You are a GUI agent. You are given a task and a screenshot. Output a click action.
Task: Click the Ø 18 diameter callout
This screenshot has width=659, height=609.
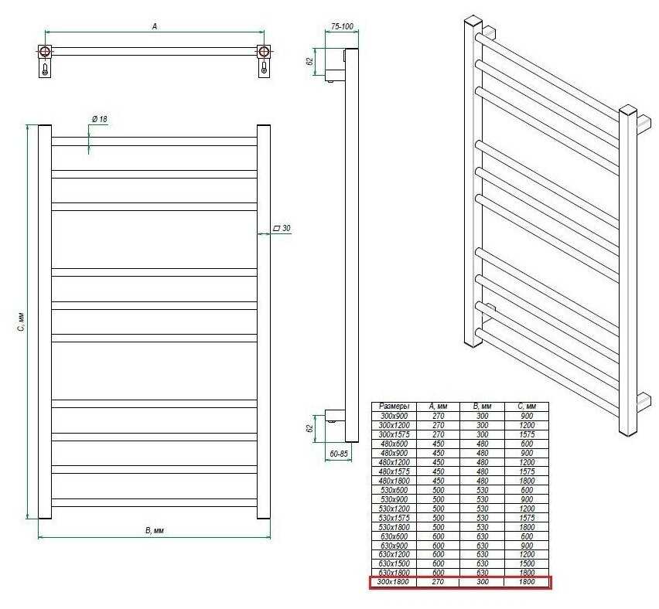[100, 119]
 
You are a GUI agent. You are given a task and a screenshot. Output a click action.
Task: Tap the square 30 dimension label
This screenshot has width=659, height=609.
[282, 228]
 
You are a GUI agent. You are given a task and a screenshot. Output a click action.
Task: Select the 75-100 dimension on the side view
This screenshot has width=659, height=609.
[342, 26]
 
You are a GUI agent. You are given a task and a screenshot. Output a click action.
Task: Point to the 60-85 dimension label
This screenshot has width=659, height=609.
[339, 454]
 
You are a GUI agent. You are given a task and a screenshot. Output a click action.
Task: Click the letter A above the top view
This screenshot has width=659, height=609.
[155, 26]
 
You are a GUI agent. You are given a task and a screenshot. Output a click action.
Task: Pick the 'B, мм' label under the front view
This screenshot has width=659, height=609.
[154, 530]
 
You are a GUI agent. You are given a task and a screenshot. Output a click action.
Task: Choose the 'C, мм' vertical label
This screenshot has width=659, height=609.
[22, 322]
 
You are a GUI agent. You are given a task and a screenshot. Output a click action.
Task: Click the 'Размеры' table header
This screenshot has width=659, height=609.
[394, 407]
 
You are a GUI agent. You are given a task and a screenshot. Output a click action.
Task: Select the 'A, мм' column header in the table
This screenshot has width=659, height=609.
[438, 407]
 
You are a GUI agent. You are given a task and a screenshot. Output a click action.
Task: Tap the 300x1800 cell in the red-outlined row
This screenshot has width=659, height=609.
[393, 582]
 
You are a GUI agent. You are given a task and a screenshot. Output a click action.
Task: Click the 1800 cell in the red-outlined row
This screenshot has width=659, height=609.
[527, 582]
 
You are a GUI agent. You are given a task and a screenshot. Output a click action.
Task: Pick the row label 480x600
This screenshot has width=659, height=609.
[394, 444]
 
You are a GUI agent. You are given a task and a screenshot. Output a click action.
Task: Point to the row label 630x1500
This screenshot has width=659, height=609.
[394, 563]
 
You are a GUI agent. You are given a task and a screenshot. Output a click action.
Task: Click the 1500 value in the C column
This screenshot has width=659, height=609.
[527, 563]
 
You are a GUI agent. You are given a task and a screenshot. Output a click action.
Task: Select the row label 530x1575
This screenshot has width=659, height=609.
[394, 518]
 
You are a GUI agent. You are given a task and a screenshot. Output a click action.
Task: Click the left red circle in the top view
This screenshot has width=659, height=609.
[45, 52]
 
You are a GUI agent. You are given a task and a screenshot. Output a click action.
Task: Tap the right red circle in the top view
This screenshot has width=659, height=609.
[264, 52]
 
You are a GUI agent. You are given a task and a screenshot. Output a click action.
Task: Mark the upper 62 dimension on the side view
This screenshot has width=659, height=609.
[310, 61]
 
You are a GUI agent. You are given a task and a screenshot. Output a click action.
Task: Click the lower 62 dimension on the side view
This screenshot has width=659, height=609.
[310, 429]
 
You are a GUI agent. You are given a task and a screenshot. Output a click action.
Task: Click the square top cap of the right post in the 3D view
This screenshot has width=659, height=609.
[628, 111]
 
